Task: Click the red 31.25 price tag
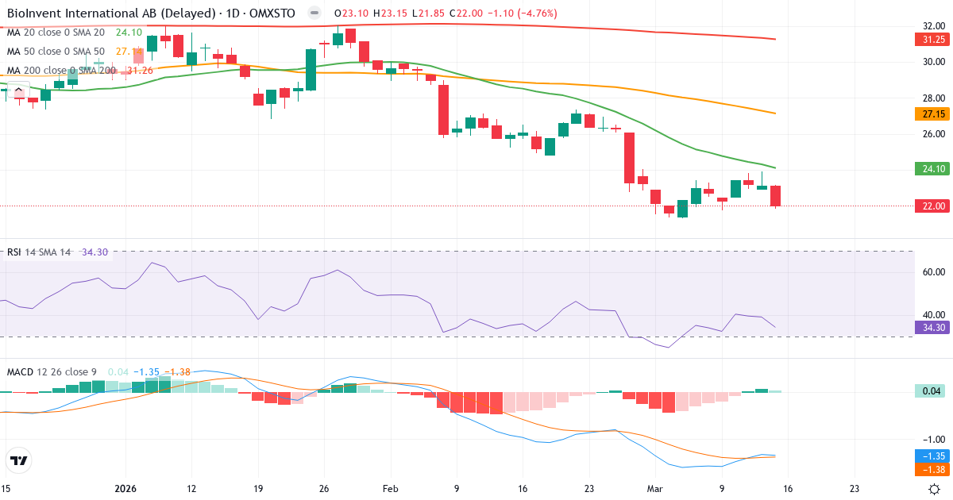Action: point(930,40)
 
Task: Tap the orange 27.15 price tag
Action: point(930,114)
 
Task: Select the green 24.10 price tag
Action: point(930,168)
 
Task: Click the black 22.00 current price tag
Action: point(930,206)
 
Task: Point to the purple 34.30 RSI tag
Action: point(930,327)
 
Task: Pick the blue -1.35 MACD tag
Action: point(930,456)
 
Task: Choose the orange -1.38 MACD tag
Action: point(930,470)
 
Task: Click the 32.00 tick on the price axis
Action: point(929,25)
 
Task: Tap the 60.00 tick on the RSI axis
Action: point(929,271)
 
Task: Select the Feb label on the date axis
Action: point(390,490)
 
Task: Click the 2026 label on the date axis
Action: point(126,490)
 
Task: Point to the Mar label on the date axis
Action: point(654,490)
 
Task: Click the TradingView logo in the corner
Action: point(18,460)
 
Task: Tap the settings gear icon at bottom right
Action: point(936,489)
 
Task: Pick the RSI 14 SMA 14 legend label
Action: point(38,252)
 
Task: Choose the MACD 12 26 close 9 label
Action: point(52,372)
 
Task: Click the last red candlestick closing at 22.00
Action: point(775,196)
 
